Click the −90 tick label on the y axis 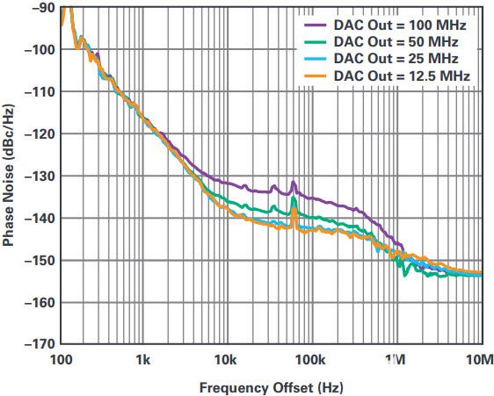[x=43, y=7]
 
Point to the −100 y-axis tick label [x=40, y=49]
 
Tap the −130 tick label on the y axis [x=40, y=176]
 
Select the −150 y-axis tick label [x=40, y=260]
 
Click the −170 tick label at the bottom [x=40, y=344]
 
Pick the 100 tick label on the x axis [x=61, y=359]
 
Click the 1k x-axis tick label [x=143, y=359]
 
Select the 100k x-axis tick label [x=311, y=359]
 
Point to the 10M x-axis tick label [x=482, y=359]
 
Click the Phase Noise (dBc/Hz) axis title [x=9, y=176]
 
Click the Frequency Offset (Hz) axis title [x=272, y=387]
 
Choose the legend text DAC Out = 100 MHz [x=400, y=25]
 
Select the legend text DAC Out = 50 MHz [x=396, y=42]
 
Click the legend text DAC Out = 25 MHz [x=396, y=59]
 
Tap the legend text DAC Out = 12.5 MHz [x=402, y=76]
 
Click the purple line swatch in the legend [x=315, y=25]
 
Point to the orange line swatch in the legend [x=315, y=76]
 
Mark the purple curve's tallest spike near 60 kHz [x=294, y=182]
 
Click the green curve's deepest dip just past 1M [x=405, y=275]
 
